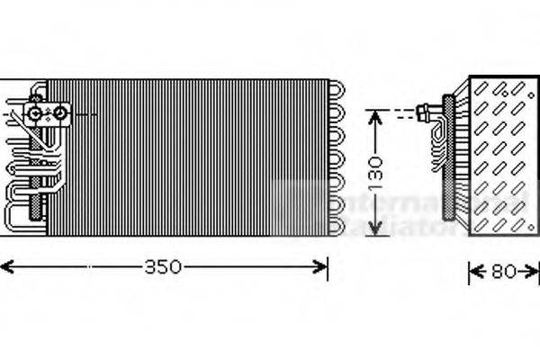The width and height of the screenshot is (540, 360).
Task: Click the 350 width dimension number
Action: coord(164,266)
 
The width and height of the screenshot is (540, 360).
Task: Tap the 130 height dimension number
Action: coord(379,167)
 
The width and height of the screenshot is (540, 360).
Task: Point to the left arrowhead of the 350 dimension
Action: coord(5,266)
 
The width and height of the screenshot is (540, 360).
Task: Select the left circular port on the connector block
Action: coord(36,113)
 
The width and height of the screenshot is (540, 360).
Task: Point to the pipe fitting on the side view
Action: coord(427,112)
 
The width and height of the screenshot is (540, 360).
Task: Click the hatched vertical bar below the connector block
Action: coord(39,171)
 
